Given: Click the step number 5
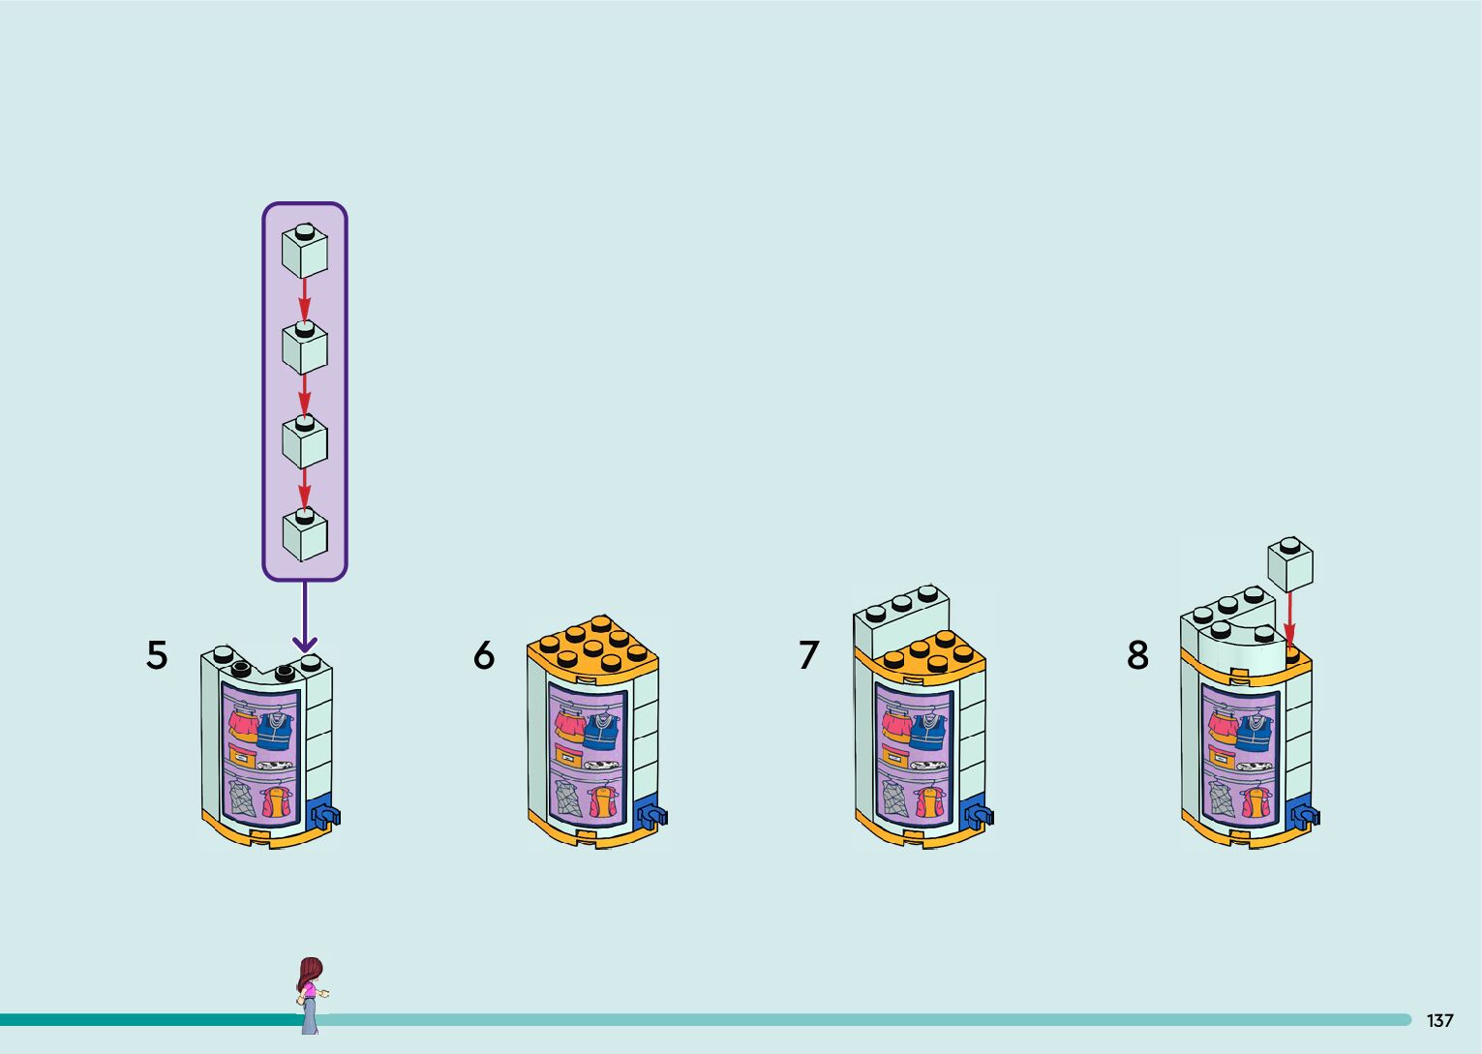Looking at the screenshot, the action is click(x=157, y=655).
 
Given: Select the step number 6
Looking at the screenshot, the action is click(x=484, y=655).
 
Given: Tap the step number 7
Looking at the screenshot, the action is click(x=809, y=655).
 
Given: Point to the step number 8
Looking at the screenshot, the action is click(x=1138, y=655).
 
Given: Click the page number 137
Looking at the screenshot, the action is click(x=1439, y=1020).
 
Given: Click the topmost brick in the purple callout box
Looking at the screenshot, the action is click(x=305, y=250).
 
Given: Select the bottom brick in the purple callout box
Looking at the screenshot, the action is click(x=305, y=533).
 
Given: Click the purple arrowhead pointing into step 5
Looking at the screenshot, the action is click(x=305, y=643).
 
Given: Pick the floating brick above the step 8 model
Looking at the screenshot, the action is click(x=1290, y=564).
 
